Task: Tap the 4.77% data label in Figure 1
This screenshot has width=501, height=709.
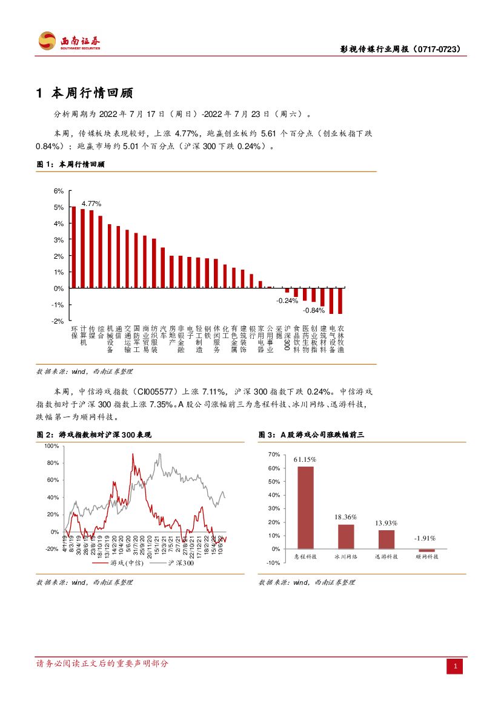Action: pos(91,204)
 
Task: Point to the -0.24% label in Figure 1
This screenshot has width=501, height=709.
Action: pos(287,301)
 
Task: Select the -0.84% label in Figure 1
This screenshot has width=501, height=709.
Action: pos(314,310)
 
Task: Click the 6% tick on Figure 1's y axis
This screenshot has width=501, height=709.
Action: pos(59,191)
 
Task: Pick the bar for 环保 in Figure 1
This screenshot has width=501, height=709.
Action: pos(74,247)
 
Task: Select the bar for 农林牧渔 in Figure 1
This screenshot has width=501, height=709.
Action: pos(340,301)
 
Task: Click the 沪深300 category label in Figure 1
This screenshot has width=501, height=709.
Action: pos(287,338)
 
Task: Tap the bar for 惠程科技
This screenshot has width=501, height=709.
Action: pos(306,507)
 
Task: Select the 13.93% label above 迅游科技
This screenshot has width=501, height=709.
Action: pos(386,522)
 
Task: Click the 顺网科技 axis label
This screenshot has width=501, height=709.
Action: pos(426,556)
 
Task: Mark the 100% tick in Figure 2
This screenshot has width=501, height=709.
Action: pos(51,446)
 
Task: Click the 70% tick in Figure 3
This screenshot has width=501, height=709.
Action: pos(274,454)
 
